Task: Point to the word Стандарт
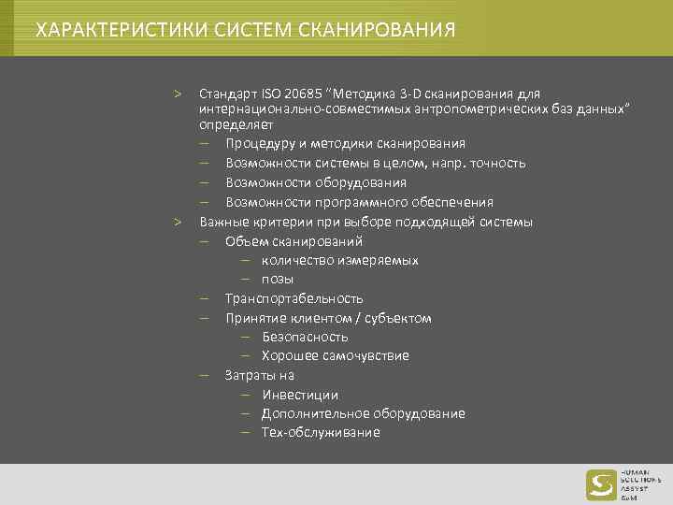(224, 94)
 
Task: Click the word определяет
(236, 123)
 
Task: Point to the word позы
(277, 279)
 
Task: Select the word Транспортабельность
(294, 298)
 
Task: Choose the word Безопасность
(305, 337)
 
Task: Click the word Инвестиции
(300, 395)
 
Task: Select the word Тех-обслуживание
(321, 433)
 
